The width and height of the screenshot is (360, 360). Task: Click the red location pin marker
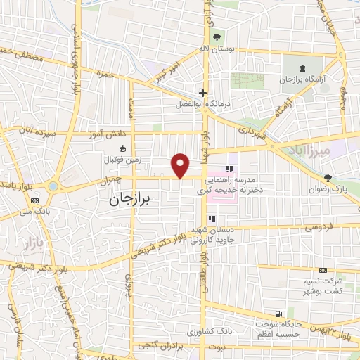pyautogui.click(x=181, y=165)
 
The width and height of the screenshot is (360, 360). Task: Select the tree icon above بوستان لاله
pyautogui.click(x=216, y=37)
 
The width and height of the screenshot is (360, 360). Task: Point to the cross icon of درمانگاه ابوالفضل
pyautogui.click(x=202, y=93)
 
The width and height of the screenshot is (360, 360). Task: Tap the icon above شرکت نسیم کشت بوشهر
pyautogui.click(x=323, y=270)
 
